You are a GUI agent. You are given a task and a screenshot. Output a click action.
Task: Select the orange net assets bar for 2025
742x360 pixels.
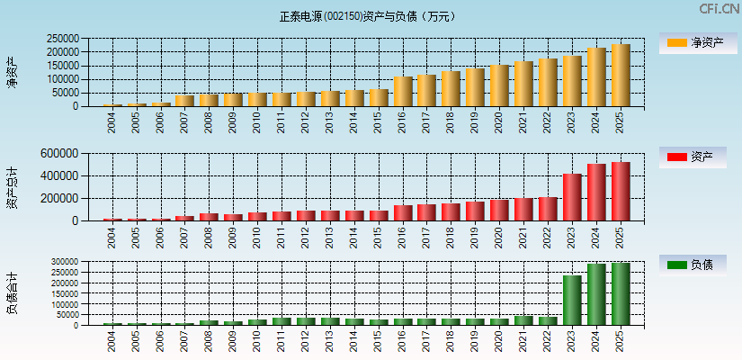click(x=621, y=76)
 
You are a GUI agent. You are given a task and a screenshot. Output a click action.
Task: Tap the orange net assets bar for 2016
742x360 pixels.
click(x=402, y=92)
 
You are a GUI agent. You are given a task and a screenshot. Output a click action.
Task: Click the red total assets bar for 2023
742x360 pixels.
click(x=572, y=197)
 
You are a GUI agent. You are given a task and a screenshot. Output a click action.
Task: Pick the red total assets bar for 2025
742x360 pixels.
click(x=621, y=192)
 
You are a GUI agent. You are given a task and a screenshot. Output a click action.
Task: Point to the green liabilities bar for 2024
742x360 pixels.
click(x=596, y=294)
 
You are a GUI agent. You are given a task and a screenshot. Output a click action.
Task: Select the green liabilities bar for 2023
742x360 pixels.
click(x=572, y=300)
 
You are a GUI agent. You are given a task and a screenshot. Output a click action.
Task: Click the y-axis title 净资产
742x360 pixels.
click(x=12, y=72)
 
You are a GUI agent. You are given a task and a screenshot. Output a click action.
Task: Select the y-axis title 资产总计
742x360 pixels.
click(x=12, y=187)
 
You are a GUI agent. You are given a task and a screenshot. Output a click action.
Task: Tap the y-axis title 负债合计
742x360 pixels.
click(x=12, y=293)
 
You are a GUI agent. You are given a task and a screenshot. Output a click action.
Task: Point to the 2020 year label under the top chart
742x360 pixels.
click(x=500, y=122)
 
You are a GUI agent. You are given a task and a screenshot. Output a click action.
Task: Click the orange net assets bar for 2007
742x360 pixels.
click(x=184, y=101)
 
